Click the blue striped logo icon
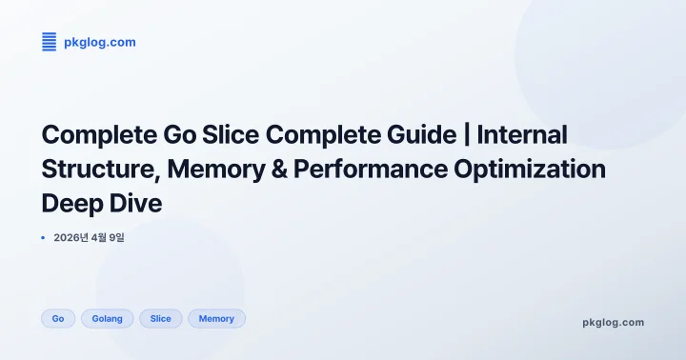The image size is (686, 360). coord(50,41)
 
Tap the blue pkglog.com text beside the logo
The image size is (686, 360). coord(99,41)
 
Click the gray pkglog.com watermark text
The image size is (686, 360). coord(613,322)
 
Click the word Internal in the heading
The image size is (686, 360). coord(522,134)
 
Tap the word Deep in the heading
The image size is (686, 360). coord(71,204)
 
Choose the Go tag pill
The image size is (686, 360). coord(58,318)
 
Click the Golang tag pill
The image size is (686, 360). coord(107,318)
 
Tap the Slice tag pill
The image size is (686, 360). coord(160,318)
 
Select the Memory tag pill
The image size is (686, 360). coord(216,318)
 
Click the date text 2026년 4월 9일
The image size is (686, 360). coord(90,237)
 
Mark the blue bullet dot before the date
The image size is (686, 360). coord(44,237)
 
